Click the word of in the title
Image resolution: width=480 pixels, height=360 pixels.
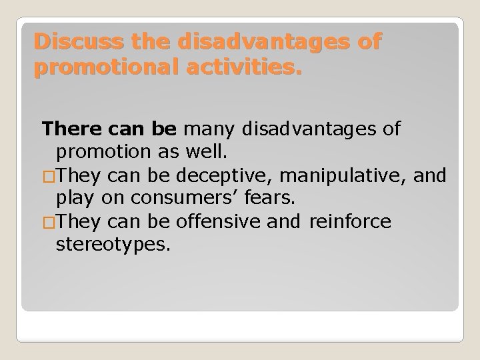pyautogui.click(x=368, y=42)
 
